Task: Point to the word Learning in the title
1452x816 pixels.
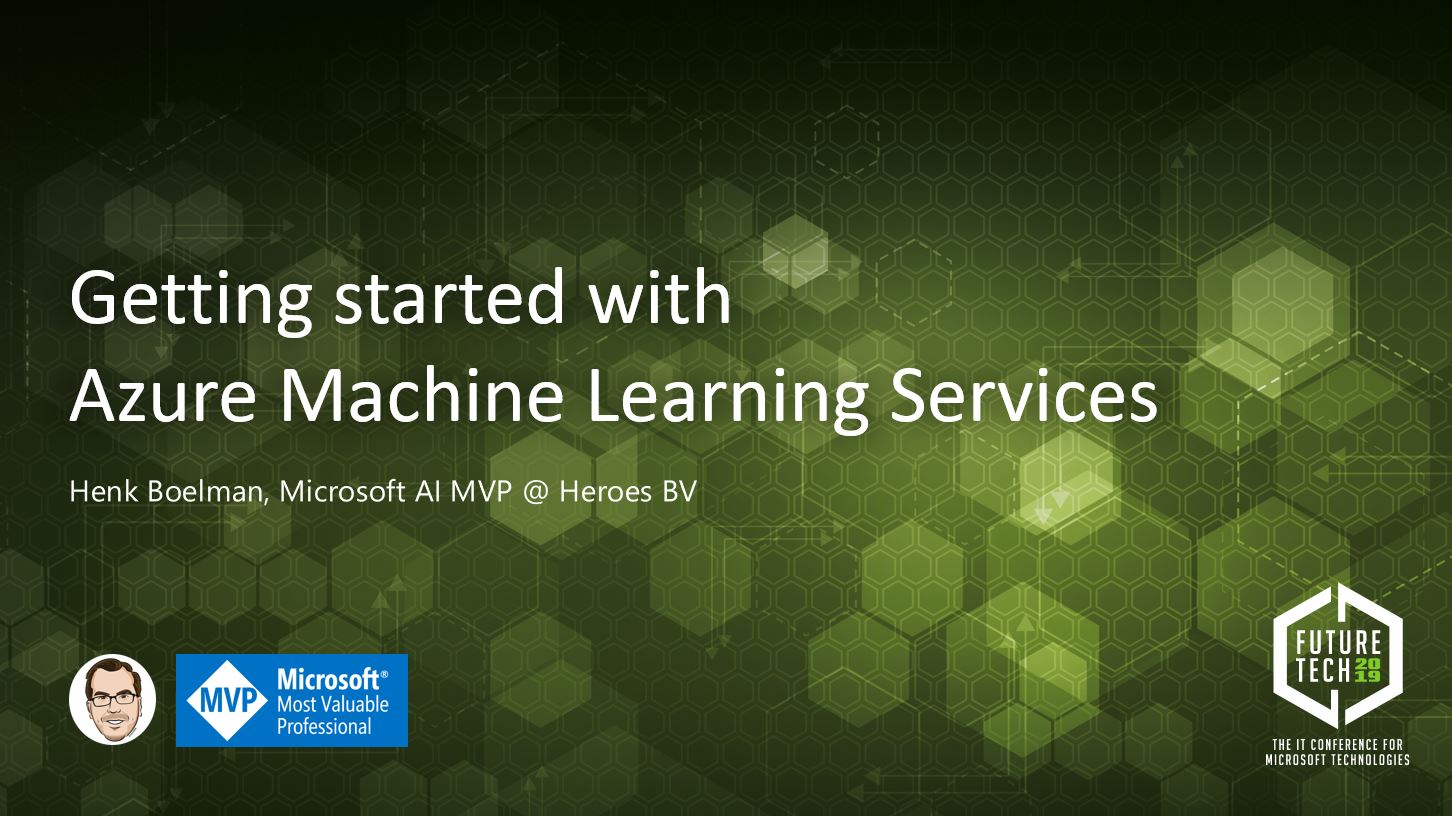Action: pos(727,399)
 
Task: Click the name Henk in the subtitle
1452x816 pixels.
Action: pos(104,491)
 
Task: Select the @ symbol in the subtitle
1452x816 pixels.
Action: pos(535,493)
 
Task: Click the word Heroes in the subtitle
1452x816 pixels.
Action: pos(605,491)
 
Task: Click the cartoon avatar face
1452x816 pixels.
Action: pos(113,699)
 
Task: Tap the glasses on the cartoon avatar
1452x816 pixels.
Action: pos(113,698)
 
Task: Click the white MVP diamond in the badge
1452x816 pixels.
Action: pos(226,701)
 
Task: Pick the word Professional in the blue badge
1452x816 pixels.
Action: pos(324,727)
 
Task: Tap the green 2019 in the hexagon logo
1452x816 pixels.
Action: pos(1367,671)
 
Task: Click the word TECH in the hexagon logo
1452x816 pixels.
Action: pos(1322,671)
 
